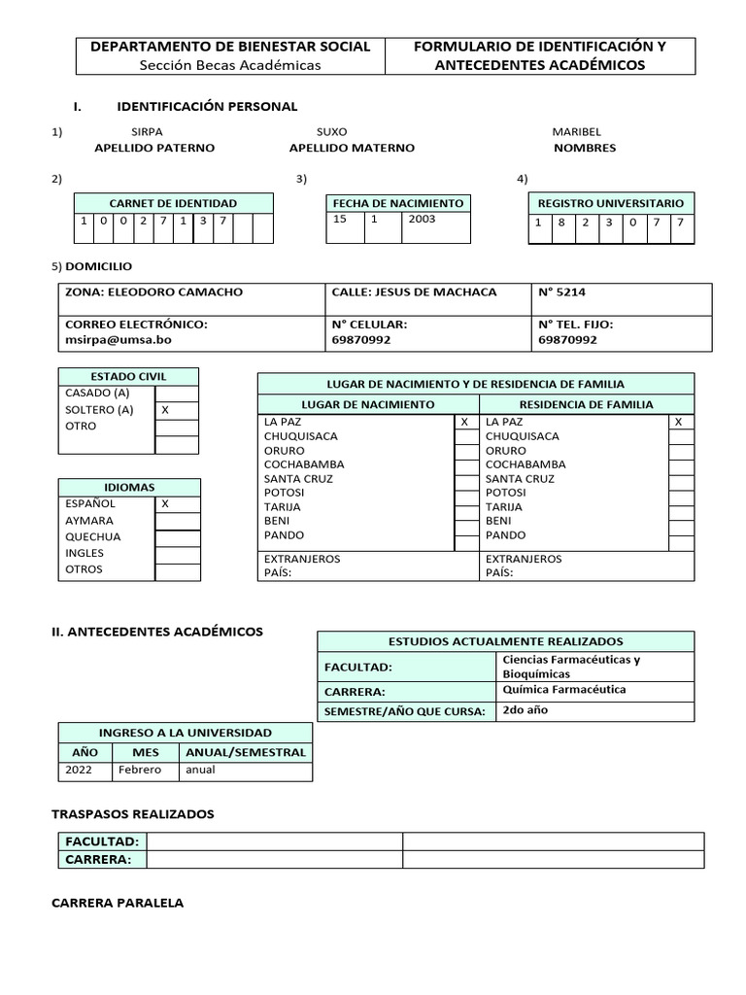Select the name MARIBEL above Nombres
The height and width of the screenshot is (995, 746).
point(576,131)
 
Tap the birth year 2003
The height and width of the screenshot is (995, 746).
point(423,220)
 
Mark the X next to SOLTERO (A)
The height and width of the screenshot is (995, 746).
point(165,410)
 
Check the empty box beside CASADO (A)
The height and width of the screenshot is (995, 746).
point(177,394)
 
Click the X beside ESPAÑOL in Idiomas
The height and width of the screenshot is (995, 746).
point(165,503)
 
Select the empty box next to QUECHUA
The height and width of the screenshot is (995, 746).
point(177,537)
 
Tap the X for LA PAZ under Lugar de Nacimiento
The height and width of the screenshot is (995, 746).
point(464,422)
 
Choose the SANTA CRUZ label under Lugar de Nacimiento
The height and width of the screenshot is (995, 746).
point(298,479)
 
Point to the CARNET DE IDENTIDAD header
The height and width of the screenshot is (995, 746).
point(173,203)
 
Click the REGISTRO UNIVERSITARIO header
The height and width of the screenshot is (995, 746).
point(611,203)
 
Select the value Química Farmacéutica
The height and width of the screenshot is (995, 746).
point(563,690)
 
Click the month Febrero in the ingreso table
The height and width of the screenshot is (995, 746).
point(140,771)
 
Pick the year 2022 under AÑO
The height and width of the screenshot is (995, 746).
point(79,771)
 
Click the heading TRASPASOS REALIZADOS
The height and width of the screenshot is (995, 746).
point(132,813)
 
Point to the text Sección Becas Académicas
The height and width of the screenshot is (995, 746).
point(230,65)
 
